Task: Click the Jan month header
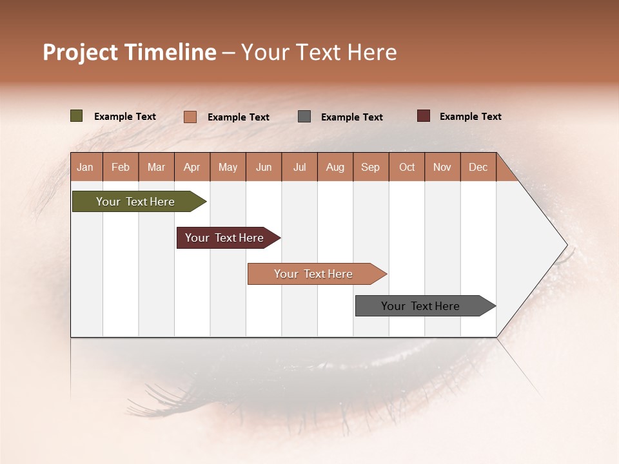click(86, 167)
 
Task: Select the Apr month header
click(192, 167)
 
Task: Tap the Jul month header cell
click(300, 167)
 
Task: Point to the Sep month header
click(371, 167)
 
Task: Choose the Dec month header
click(478, 167)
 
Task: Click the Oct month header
click(407, 167)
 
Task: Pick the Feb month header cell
click(121, 167)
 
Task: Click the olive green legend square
click(76, 116)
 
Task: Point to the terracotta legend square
click(190, 117)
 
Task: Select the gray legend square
click(304, 117)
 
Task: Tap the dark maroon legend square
click(423, 116)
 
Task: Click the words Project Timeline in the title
click(129, 52)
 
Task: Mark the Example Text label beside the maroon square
click(470, 117)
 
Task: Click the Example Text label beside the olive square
click(124, 117)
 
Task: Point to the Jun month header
click(264, 167)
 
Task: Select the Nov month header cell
click(442, 167)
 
